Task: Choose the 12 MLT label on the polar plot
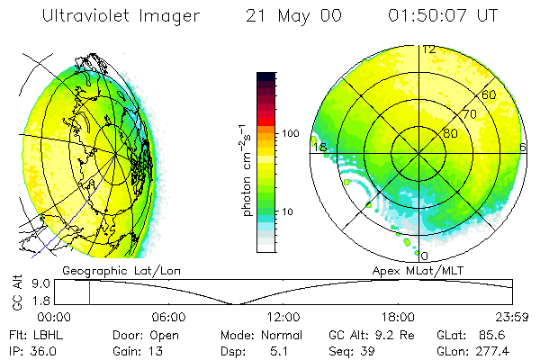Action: point(429,49)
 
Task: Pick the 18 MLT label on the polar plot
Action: point(318,148)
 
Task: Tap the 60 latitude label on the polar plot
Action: point(489,94)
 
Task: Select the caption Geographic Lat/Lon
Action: point(109,269)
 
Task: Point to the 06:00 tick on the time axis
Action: point(169,317)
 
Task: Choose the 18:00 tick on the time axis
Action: point(398,317)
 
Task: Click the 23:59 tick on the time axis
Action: point(512,317)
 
